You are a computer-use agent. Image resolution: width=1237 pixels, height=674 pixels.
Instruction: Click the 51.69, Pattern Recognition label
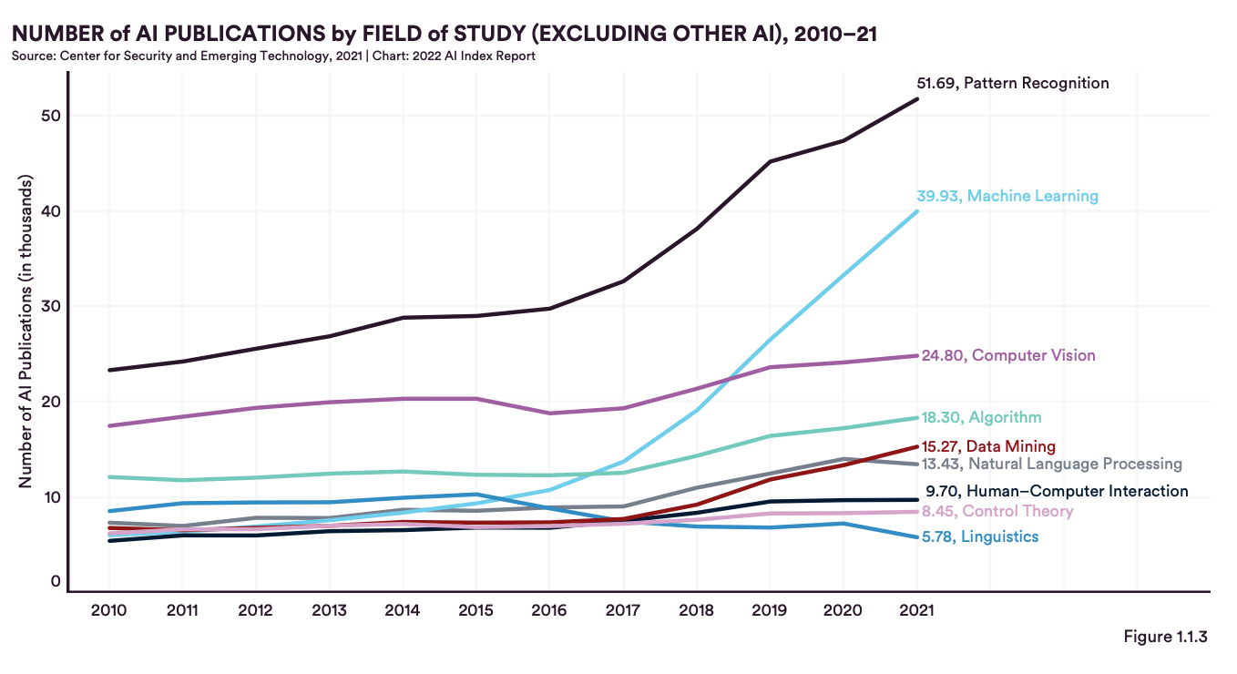[1013, 84]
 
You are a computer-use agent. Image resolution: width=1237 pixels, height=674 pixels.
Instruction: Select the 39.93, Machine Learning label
[1009, 196]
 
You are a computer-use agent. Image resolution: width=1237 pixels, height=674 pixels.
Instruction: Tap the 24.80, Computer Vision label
[1008, 355]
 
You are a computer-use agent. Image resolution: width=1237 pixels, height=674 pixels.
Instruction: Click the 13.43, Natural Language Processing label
[1052, 465]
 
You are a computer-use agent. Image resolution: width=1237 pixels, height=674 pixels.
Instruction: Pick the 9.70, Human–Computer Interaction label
[1057, 491]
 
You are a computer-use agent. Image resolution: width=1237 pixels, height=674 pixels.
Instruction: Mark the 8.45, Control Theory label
[997, 511]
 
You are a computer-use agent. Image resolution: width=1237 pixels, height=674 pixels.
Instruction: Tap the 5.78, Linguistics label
[980, 537]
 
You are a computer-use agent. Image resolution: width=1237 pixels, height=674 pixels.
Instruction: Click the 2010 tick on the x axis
[108, 610]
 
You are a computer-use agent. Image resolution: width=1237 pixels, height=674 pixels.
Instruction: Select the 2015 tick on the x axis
[475, 610]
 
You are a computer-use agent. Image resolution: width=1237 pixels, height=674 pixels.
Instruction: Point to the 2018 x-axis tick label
[696, 610]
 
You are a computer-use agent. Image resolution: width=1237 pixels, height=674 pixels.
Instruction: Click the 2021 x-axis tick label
[916, 610]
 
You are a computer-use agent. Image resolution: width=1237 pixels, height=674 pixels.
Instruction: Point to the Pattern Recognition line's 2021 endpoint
[916, 98]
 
